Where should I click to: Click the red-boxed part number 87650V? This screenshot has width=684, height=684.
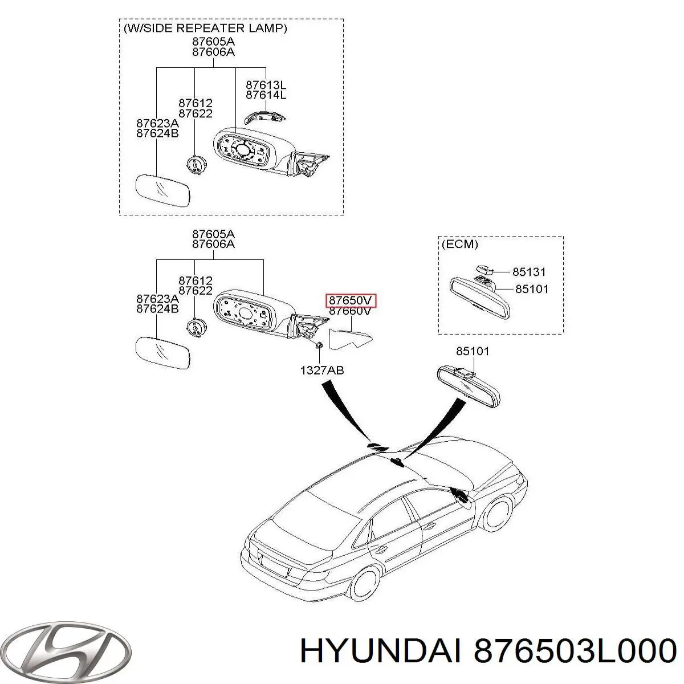point(351,300)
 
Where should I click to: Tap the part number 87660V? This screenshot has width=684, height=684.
point(351,311)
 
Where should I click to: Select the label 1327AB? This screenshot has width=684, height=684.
point(322,370)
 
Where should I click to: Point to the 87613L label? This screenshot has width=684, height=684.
point(266,85)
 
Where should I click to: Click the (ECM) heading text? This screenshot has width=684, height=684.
point(459,245)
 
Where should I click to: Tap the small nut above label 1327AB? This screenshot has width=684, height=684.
point(320,345)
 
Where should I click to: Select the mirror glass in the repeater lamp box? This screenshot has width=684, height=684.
point(163,192)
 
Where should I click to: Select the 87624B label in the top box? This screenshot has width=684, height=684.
point(158,133)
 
